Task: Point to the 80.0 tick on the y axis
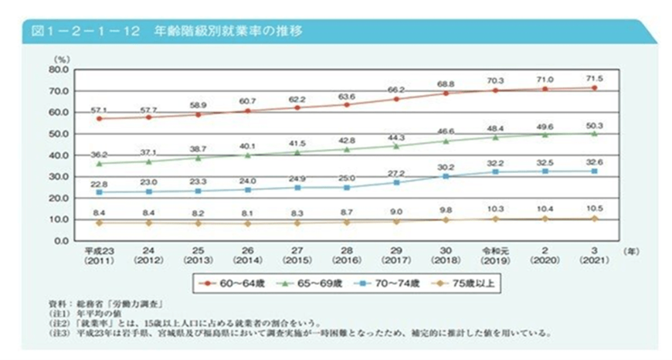pyautogui.click(x=59, y=70)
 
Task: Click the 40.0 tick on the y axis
pyautogui.click(x=59, y=155)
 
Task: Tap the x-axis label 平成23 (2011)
pyautogui.click(x=99, y=255)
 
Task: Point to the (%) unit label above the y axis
pyautogui.click(x=62, y=59)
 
